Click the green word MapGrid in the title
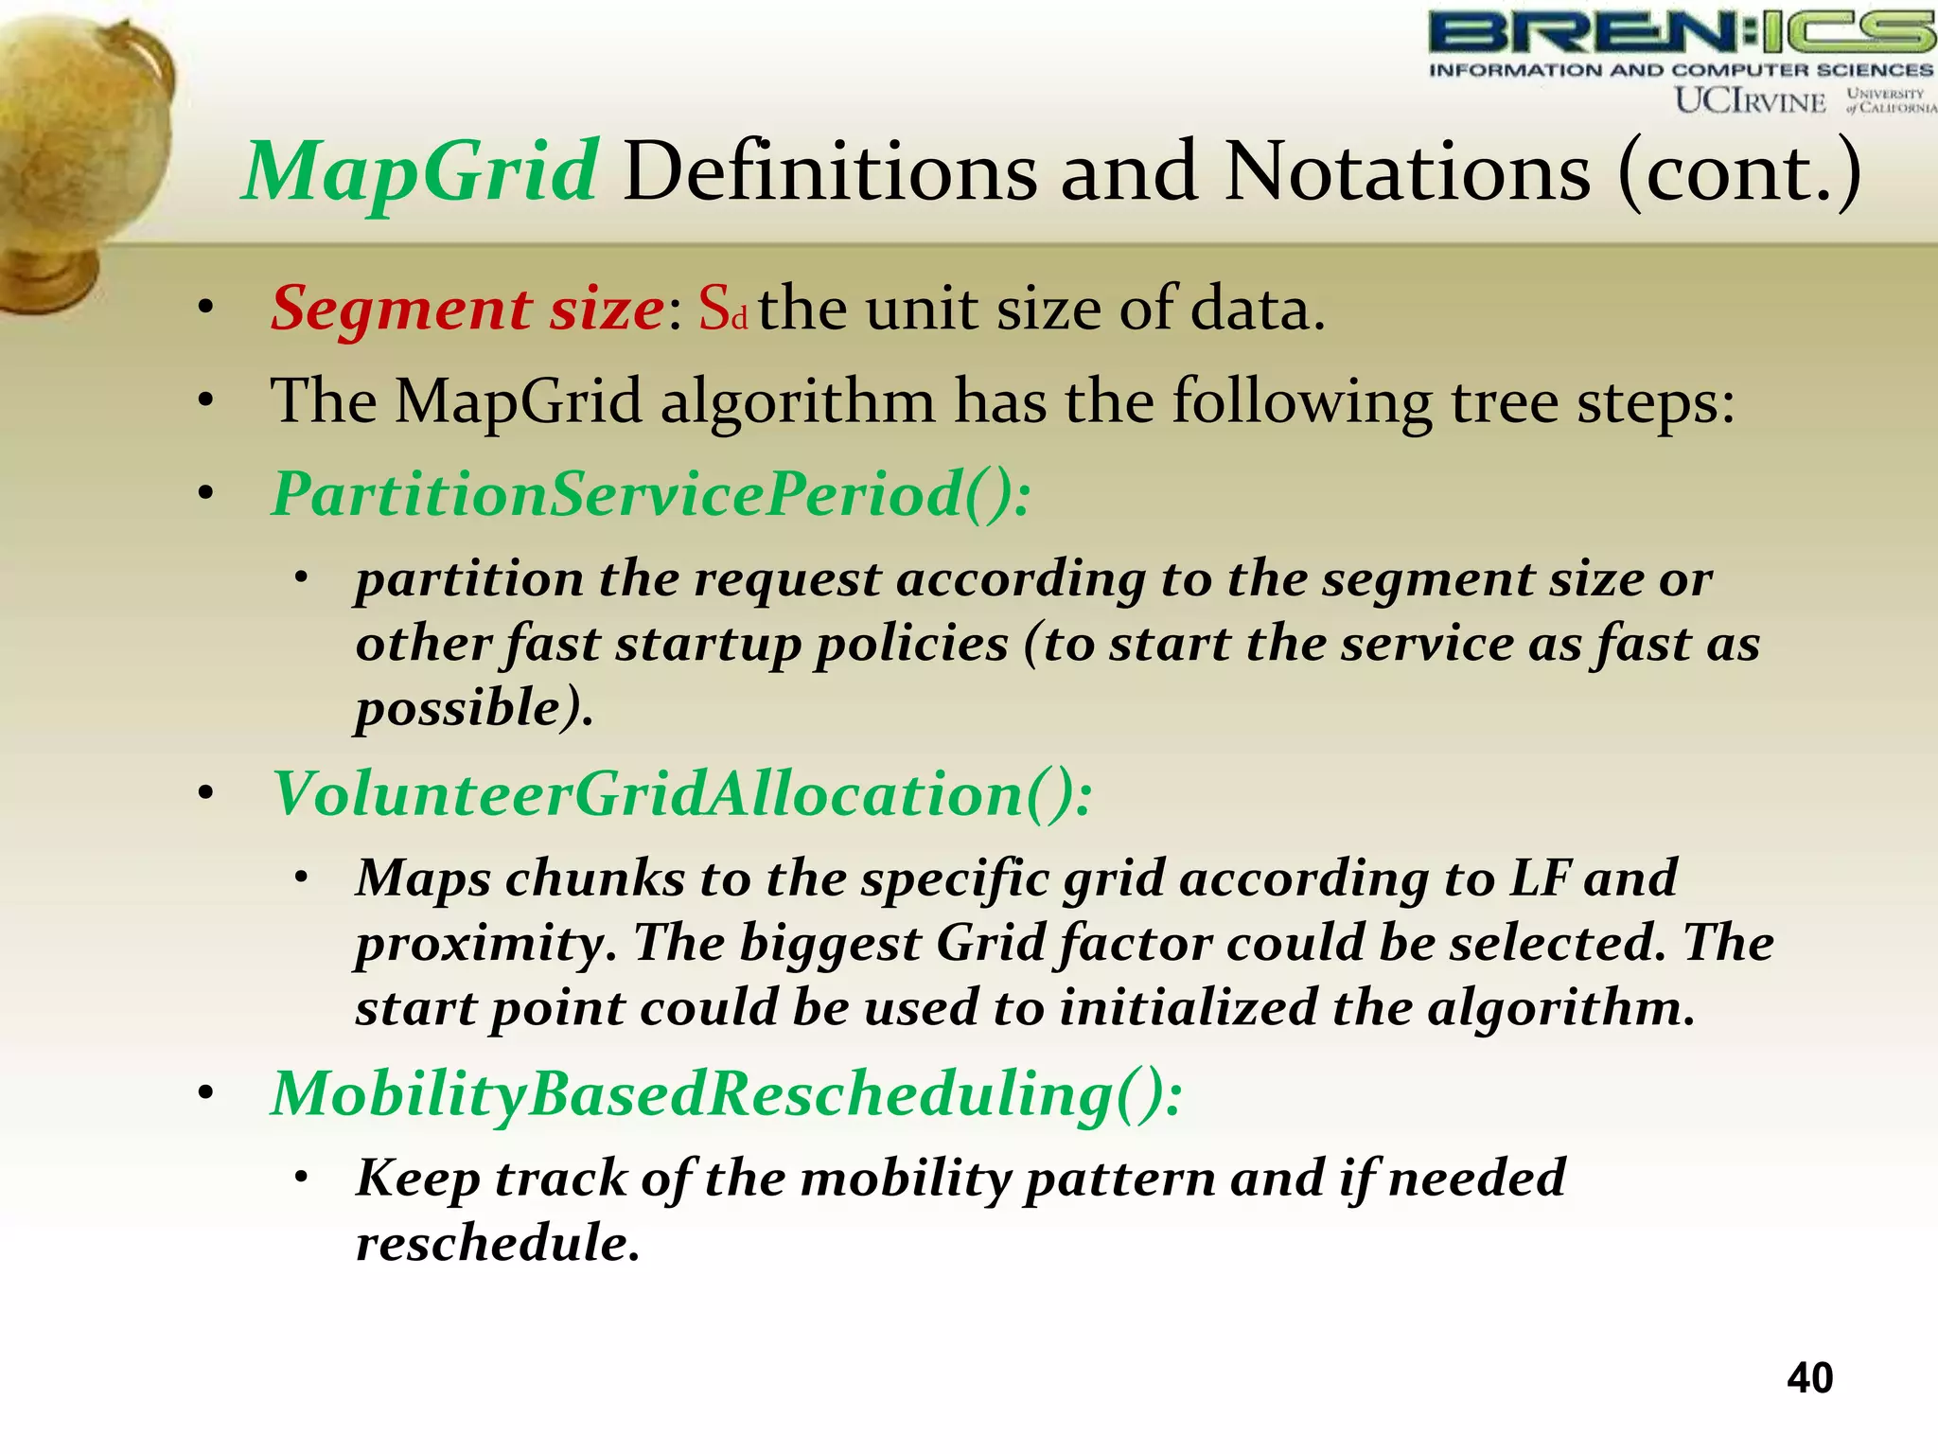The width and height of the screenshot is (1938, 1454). pyautogui.click(x=420, y=172)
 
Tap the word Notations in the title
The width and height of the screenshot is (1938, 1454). pyautogui.click(x=1407, y=172)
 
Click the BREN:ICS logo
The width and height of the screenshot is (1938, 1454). pyautogui.click(x=1681, y=33)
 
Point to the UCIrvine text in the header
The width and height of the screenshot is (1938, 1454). pyautogui.click(x=1750, y=100)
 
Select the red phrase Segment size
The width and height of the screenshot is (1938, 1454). pyautogui.click(x=467, y=309)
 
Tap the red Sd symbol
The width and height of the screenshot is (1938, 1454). pyautogui.click(x=723, y=310)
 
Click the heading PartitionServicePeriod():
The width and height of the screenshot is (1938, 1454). pyautogui.click(x=651, y=494)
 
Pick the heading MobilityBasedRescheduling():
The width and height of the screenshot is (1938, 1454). pyautogui.click(x=726, y=1093)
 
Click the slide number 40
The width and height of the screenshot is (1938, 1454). pyautogui.click(x=1809, y=1377)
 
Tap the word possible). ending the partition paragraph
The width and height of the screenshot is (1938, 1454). pyautogui.click(x=474, y=708)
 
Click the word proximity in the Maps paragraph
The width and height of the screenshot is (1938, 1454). pyautogui.click(x=485, y=943)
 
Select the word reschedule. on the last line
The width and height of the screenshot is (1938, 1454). pyautogui.click(x=498, y=1243)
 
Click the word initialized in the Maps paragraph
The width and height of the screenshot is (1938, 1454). pyautogui.click(x=1187, y=1007)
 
